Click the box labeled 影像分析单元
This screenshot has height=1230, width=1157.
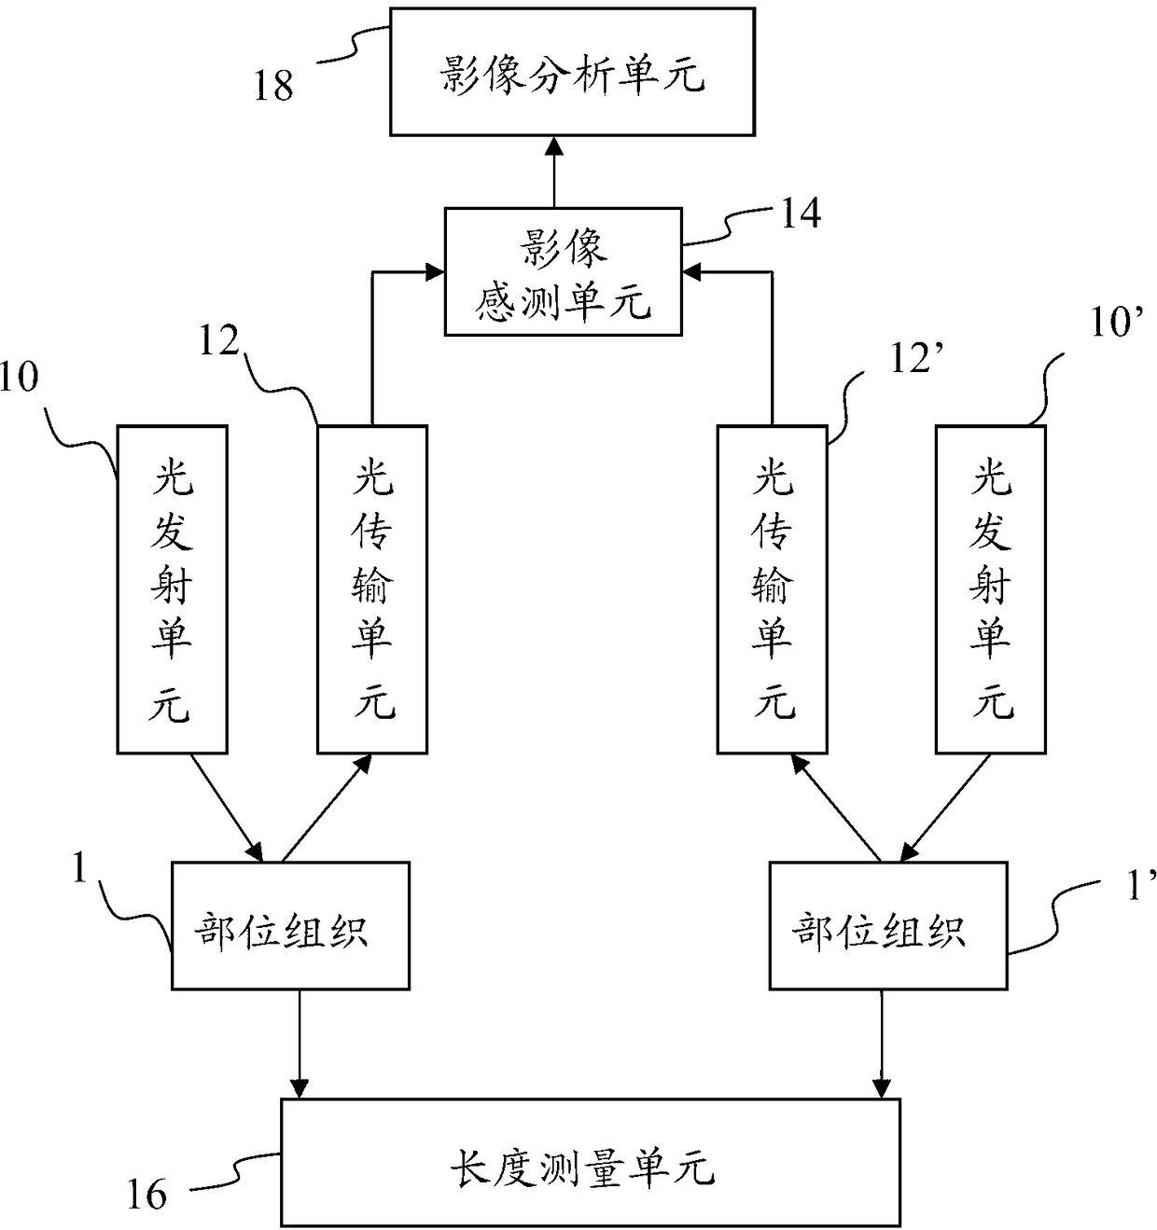(572, 71)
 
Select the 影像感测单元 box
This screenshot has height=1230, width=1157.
(563, 271)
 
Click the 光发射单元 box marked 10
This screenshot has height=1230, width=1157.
(173, 589)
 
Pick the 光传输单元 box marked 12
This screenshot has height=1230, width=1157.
(372, 589)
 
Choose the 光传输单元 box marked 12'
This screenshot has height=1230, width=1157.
(773, 589)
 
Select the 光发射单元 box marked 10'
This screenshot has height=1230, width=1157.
(990, 589)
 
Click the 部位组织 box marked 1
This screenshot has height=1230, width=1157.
(290, 926)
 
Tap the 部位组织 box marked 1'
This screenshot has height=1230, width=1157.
(888, 926)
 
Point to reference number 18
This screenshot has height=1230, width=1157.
(273, 86)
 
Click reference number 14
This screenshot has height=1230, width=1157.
(801, 213)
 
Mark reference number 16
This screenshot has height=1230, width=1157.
(146, 1194)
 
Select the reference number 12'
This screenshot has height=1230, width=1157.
(916, 358)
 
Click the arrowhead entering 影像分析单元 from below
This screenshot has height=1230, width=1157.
(554, 145)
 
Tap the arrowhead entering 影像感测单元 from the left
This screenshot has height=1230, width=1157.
(435, 272)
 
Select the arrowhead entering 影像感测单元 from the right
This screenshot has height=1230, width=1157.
(692, 272)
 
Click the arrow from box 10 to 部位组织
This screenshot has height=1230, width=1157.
(227, 808)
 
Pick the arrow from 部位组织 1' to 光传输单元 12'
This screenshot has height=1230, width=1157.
(837, 808)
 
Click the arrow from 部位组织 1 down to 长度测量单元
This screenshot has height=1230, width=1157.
(300, 1044)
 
